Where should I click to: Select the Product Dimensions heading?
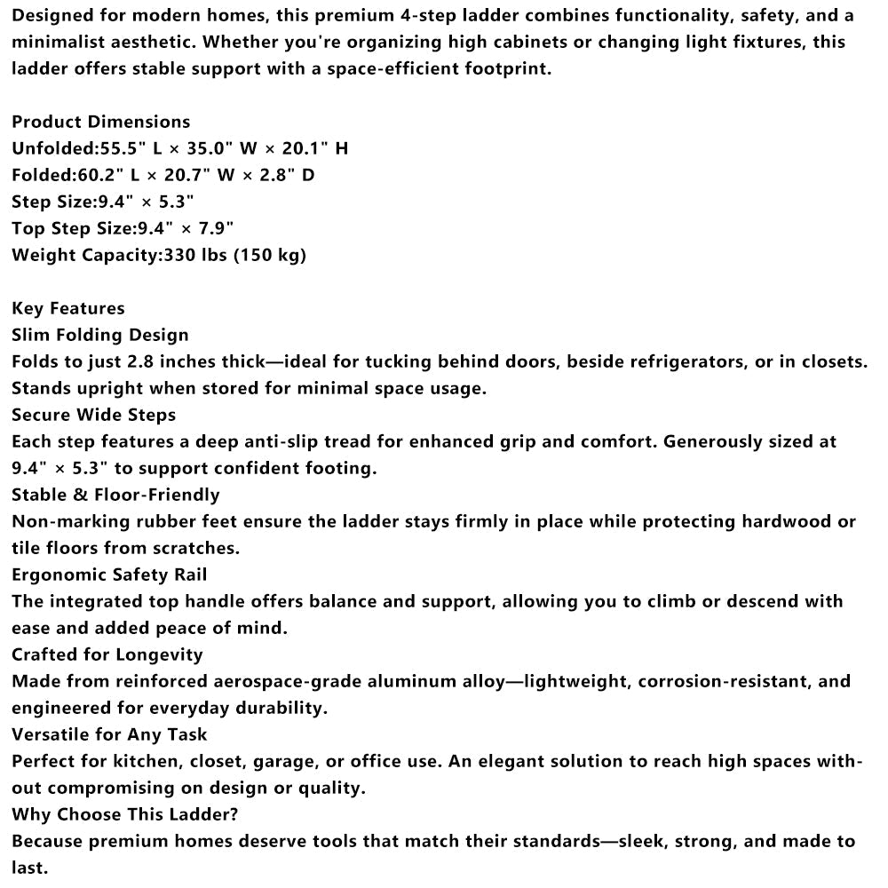pyautogui.click(x=101, y=122)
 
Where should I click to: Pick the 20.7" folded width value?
pyautogui.click(x=185, y=175)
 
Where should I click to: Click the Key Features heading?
pyautogui.click(x=68, y=308)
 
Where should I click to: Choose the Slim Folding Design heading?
pyautogui.click(x=100, y=335)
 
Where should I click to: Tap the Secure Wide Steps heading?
pyautogui.click(x=94, y=415)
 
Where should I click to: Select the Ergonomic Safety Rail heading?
pyautogui.click(x=109, y=575)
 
